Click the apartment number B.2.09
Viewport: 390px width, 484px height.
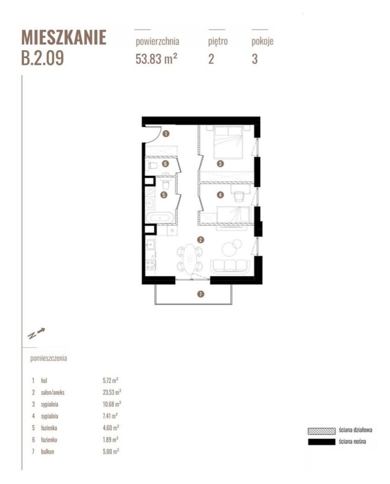point(42,58)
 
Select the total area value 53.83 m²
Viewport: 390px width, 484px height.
point(156,59)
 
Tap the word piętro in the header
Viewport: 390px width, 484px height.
point(218,42)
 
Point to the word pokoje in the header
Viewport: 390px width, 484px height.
point(262,42)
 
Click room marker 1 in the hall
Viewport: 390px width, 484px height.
point(166,134)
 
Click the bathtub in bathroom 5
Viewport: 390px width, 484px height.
point(160,218)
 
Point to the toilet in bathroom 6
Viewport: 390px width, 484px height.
point(153,166)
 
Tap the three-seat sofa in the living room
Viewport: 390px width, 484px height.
point(230,266)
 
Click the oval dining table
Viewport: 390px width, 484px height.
point(189,258)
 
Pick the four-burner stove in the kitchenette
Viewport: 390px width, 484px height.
point(151,265)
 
